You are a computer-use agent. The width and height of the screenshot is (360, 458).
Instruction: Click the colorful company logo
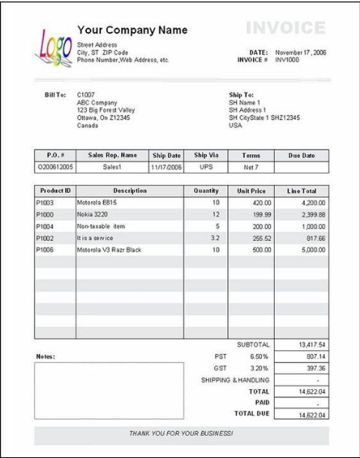[51, 46]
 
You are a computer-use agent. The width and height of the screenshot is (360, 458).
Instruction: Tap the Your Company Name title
[132, 30]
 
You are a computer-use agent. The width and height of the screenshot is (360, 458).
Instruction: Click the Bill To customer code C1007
[87, 96]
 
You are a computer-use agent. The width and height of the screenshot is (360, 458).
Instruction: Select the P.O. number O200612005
[55, 168]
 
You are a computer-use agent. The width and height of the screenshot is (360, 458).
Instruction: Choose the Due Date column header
[301, 156]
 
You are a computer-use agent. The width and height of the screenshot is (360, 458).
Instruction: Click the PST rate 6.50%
[258, 357]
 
